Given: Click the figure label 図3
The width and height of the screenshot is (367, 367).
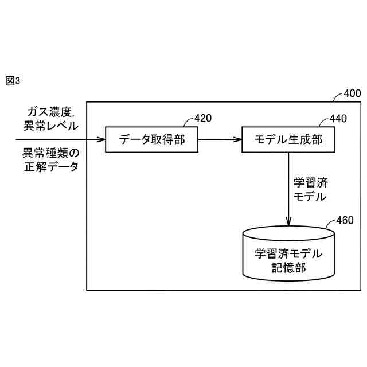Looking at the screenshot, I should [x=13, y=81].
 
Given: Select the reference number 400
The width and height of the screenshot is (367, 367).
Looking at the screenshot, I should [x=352, y=93].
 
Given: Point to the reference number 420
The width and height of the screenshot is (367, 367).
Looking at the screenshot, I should [x=203, y=118].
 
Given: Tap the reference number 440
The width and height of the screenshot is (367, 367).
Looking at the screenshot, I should [x=338, y=119].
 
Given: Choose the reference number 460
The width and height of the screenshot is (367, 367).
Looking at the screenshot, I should [x=345, y=220].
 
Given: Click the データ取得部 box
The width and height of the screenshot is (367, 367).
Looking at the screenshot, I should [x=152, y=139].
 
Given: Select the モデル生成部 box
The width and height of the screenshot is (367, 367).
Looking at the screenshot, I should [x=287, y=139].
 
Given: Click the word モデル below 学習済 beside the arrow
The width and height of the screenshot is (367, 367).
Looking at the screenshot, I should [x=310, y=197].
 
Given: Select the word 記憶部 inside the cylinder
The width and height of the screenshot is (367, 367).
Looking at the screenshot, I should [x=288, y=267].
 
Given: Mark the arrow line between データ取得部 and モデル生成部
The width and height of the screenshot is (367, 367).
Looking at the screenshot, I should [x=218, y=139].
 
